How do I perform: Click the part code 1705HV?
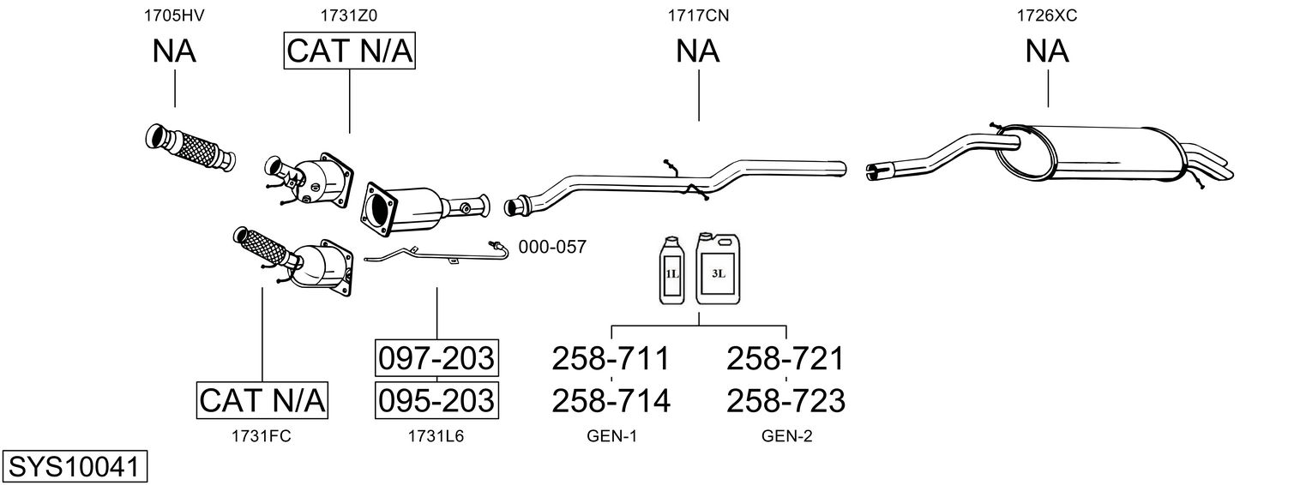point(175,15)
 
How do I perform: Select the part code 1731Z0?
point(349,15)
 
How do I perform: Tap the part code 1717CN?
point(698,15)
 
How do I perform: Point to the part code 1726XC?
point(1047,15)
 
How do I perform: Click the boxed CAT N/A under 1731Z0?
point(349,51)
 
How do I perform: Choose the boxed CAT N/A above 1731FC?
point(262,399)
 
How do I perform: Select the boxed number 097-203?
point(436,358)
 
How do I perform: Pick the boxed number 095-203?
point(436,399)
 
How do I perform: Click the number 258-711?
point(611,358)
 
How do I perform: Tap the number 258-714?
point(611,399)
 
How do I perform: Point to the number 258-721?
point(785,358)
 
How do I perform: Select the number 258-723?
point(785,399)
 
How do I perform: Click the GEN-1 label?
point(611,436)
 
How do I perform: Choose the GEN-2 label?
point(786,436)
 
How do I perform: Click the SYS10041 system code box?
point(75,467)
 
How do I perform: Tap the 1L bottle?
point(672,272)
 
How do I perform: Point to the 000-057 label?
point(552,248)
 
